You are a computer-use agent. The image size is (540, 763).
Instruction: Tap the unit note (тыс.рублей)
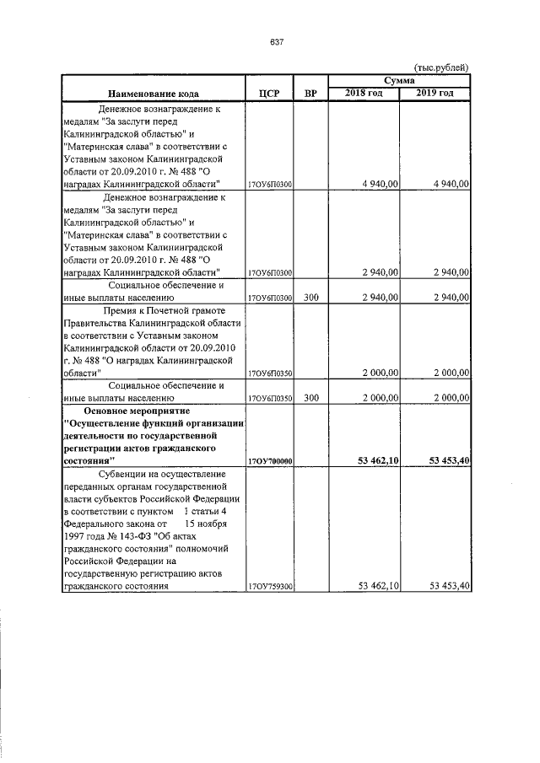coord(440,67)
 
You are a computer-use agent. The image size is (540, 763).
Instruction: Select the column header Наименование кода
coord(151,93)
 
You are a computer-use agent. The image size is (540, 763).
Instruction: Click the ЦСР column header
coord(267,93)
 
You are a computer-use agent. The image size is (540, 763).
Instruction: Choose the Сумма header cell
coord(399,80)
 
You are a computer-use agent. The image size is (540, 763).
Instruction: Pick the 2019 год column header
coord(435,92)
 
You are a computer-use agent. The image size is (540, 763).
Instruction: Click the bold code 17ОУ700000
coord(269,461)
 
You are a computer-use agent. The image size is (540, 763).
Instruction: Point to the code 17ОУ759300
coord(269,586)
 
